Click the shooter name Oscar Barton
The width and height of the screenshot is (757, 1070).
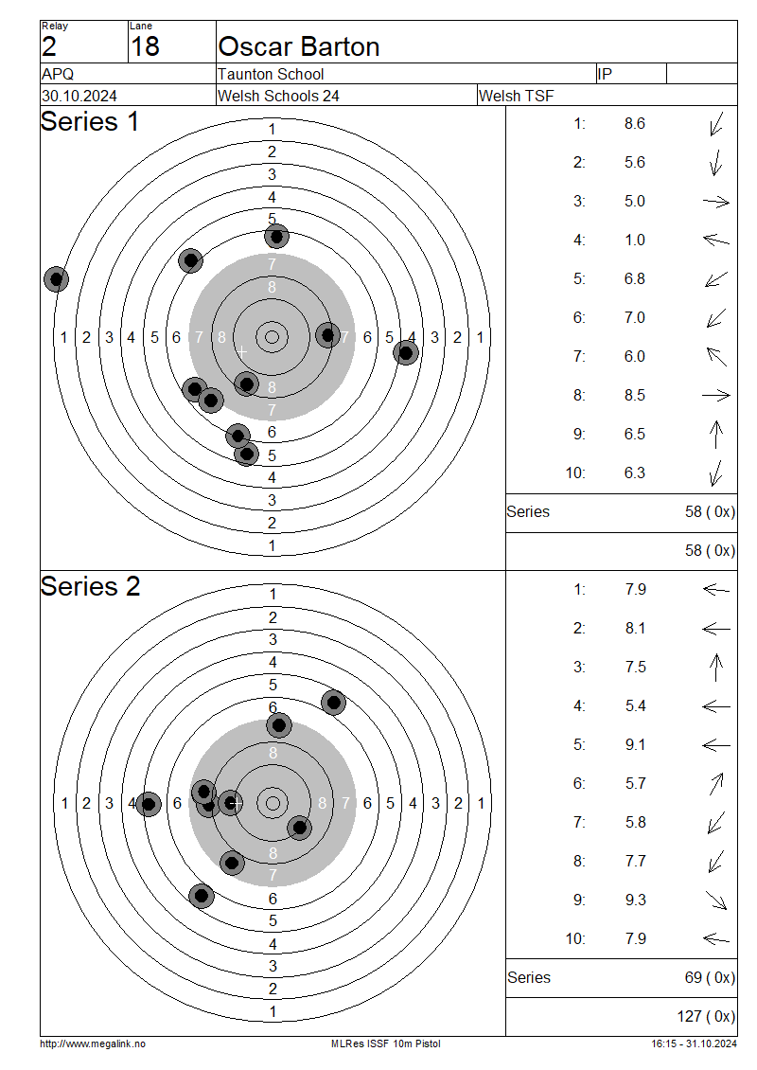(299, 47)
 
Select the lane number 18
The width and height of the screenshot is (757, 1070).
(145, 46)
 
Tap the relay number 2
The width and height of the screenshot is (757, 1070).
(49, 46)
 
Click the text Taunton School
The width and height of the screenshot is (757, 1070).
(271, 74)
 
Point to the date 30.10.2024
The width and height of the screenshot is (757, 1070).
(79, 96)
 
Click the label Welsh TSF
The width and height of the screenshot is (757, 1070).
(517, 96)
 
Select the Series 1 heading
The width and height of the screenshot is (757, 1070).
(89, 122)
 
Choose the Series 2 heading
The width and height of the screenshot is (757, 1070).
(90, 587)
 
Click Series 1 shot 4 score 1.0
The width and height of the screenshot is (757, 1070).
(635, 241)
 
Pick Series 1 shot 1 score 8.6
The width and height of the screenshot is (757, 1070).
(635, 124)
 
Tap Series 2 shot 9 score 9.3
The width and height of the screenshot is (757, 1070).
(635, 901)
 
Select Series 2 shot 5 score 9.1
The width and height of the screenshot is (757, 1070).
(635, 745)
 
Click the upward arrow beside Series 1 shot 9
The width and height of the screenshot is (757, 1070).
(716, 435)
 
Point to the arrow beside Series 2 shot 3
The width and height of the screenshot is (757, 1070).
(716, 668)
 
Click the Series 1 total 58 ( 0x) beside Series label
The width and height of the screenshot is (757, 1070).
(710, 512)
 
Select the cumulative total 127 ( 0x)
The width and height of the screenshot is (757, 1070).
(706, 1016)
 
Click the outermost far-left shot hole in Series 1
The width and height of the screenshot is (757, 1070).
(57, 278)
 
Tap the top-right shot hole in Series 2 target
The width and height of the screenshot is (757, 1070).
(333, 702)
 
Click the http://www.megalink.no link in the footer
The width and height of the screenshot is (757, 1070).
(93, 1043)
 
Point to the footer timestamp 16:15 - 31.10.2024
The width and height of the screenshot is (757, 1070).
(693, 1043)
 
